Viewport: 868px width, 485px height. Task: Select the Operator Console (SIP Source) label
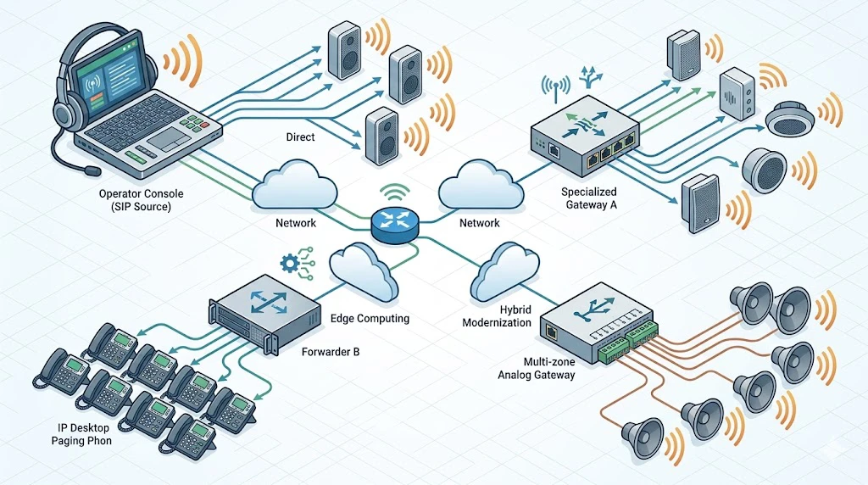click(x=141, y=201)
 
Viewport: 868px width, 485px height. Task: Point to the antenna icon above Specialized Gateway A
click(x=555, y=86)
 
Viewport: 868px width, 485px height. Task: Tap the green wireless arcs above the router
click(x=393, y=191)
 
